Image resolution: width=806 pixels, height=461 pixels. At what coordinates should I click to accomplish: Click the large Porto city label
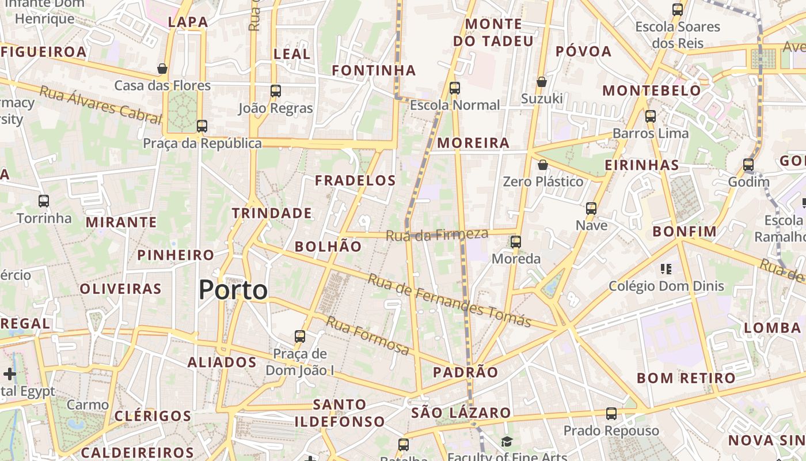233,290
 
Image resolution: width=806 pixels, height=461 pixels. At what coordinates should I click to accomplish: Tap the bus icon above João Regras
276,90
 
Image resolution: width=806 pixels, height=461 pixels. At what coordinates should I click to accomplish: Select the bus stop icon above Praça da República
201,126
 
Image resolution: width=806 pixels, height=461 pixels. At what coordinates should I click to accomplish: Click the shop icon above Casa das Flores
162,69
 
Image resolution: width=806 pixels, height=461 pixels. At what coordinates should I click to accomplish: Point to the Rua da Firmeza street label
437,235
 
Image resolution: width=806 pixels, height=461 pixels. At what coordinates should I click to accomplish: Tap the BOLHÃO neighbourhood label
328,247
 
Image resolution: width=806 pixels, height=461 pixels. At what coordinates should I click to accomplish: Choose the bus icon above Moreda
516,241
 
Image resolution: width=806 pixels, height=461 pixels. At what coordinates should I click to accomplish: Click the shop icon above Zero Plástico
542,165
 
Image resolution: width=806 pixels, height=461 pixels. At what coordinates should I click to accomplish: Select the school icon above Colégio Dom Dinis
667,269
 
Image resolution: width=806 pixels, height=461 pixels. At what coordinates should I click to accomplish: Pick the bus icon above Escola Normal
455,88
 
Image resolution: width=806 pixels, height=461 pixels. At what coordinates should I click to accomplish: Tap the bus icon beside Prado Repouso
611,413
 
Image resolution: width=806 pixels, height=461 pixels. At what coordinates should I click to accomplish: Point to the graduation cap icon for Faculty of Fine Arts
507,441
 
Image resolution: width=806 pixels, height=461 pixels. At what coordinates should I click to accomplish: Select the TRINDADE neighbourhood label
272,213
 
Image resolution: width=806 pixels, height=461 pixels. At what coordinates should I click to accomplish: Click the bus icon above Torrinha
44,201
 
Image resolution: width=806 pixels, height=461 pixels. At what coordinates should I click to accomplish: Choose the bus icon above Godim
748,165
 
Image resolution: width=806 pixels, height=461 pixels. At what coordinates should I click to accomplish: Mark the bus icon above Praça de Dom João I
300,336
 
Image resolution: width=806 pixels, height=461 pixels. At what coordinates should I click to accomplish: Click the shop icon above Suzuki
542,82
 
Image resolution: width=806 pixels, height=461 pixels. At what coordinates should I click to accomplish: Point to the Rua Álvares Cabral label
100,105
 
